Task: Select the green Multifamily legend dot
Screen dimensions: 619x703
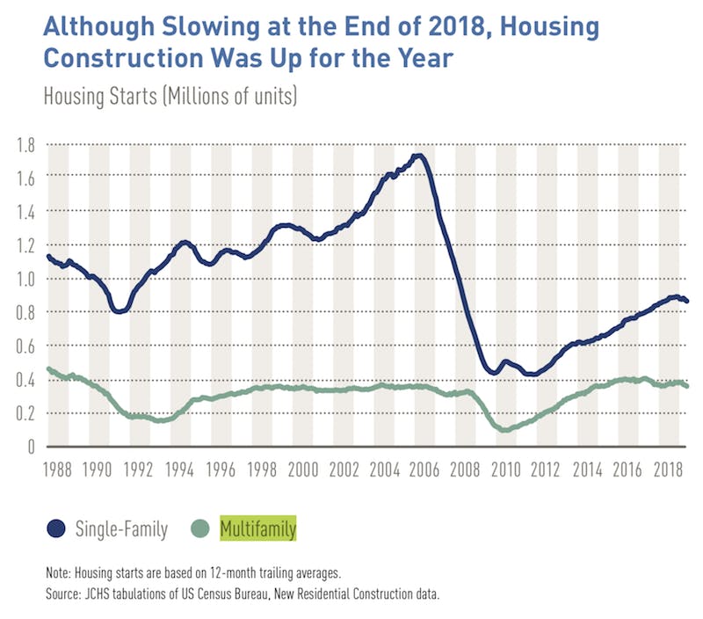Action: [x=201, y=528]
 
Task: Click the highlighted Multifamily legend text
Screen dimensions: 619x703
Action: [x=258, y=528]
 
